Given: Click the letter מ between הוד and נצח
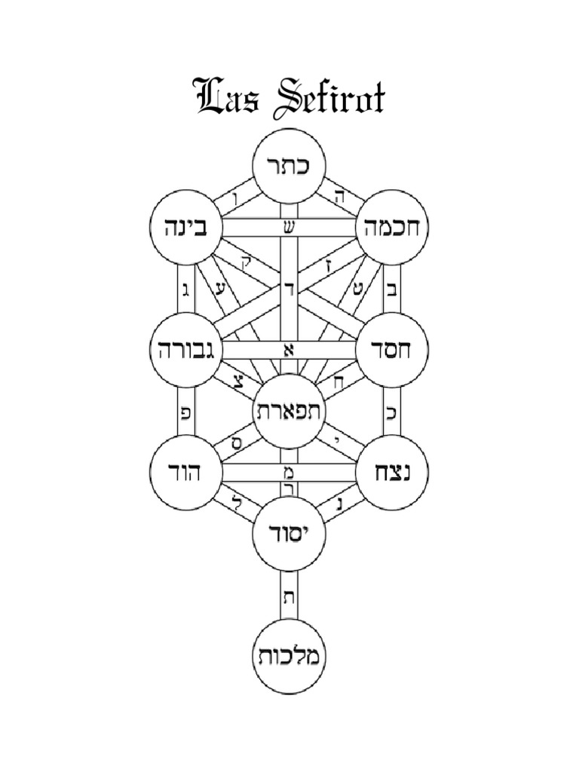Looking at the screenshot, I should [x=289, y=473].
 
